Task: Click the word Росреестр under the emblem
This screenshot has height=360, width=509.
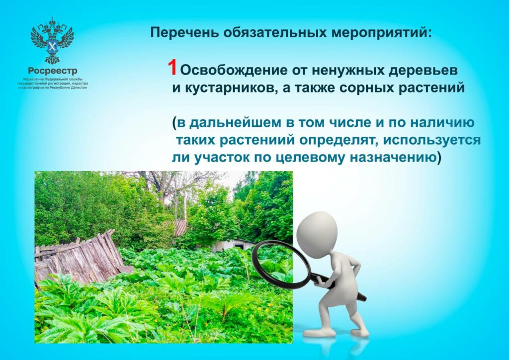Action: (53, 71)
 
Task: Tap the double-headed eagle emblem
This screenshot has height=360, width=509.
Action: (52, 41)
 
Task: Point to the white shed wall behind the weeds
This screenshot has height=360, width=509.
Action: (227, 246)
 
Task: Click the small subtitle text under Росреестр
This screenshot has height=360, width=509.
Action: (53, 84)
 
